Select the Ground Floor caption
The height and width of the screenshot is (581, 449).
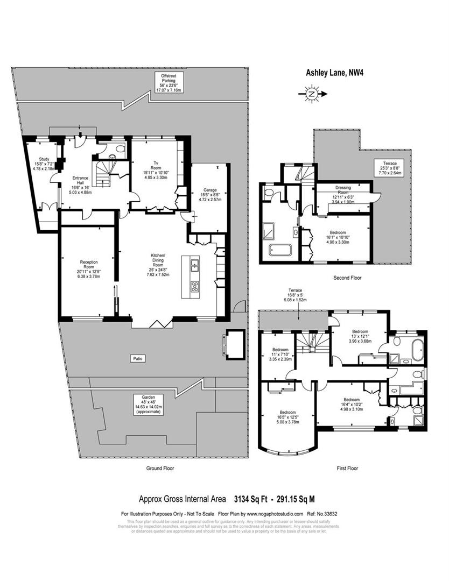160,468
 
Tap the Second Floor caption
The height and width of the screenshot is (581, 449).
347,278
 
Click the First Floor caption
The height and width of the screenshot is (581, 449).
347,468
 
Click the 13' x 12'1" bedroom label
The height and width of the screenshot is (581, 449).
360,336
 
